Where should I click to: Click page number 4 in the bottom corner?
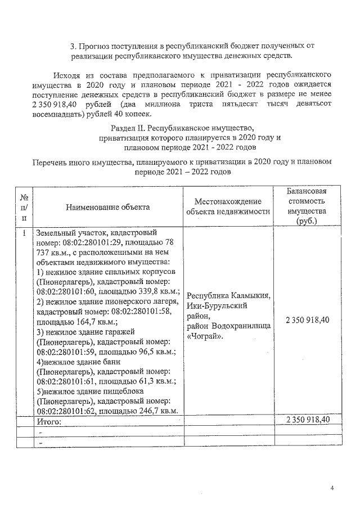pyautogui.click(x=332, y=488)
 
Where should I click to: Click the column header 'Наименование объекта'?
pyautogui.click(x=107, y=208)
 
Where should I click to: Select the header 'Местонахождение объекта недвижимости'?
pyautogui.click(x=228, y=206)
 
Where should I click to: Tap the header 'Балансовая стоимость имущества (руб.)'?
pyautogui.click(x=307, y=206)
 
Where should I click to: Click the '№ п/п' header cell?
pyautogui.click(x=24, y=208)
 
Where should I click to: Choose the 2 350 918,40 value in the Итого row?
pyautogui.click(x=307, y=420)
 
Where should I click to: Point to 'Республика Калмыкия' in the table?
pyautogui.click(x=228, y=296)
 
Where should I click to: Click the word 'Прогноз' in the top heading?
pyautogui.click(x=94, y=44)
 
